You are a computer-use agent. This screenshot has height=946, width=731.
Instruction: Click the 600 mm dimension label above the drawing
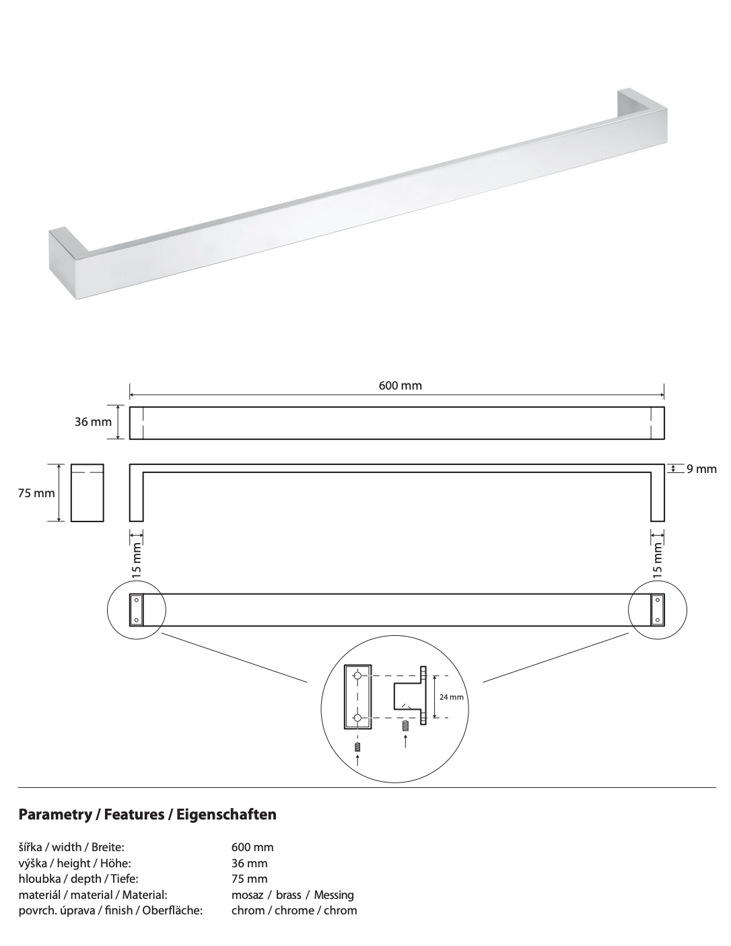coord(400,386)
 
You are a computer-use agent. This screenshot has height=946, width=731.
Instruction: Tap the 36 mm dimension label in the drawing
coord(93,423)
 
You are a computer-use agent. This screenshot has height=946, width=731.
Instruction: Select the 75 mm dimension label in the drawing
coord(36,493)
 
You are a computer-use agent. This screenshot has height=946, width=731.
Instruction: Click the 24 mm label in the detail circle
coord(451,697)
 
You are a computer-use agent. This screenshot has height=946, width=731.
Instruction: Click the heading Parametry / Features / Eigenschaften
coord(147,815)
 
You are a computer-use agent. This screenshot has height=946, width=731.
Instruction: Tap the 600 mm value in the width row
coord(252,848)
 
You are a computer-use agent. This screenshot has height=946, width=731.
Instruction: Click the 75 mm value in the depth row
coord(249,879)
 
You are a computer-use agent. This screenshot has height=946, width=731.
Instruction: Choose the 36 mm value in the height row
coord(249,863)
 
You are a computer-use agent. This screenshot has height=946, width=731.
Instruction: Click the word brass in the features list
coord(288,895)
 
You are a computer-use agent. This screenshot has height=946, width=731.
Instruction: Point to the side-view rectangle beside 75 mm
coord(88,493)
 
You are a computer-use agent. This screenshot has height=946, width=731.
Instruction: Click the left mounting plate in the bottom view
coord(137,610)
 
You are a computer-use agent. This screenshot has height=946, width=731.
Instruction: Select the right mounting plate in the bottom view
coord(657,610)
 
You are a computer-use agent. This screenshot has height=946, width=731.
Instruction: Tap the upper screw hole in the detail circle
coord(357,676)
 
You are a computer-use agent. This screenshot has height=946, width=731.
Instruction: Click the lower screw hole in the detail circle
coord(357,718)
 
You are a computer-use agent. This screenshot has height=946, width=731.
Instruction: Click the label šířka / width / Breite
coord(71,848)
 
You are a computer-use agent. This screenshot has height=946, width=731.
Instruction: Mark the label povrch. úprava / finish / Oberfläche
coord(110,910)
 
